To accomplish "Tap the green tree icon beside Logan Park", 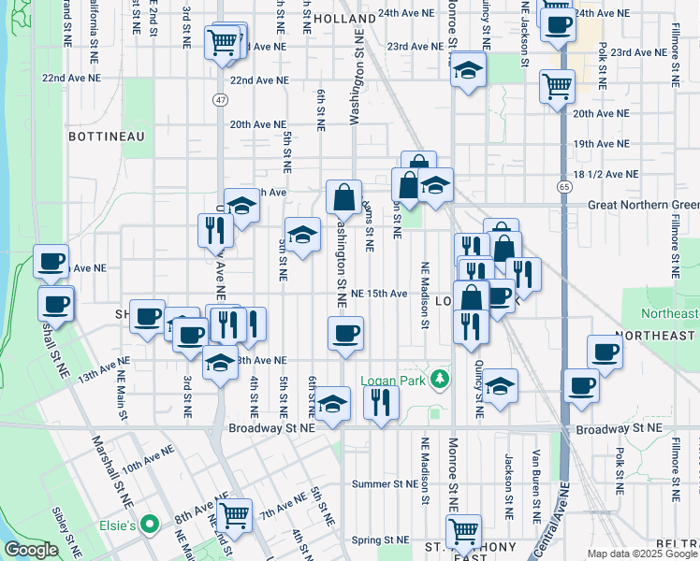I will pyautogui.click(x=436, y=380).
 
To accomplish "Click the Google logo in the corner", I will pyautogui.click(x=31, y=550).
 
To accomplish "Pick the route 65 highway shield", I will pyautogui.click(x=566, y=186).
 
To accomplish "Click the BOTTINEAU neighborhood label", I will pyautogui.click(x=105, y=137).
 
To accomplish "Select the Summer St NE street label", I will pyautogui.click(x=382, y=484).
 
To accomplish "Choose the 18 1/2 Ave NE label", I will pyautogui.click(x=606, y=174).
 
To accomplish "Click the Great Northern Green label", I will pyautogui.click(x=643, y=206).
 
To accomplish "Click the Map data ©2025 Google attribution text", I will pyautogui.click(x=641, y=554).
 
